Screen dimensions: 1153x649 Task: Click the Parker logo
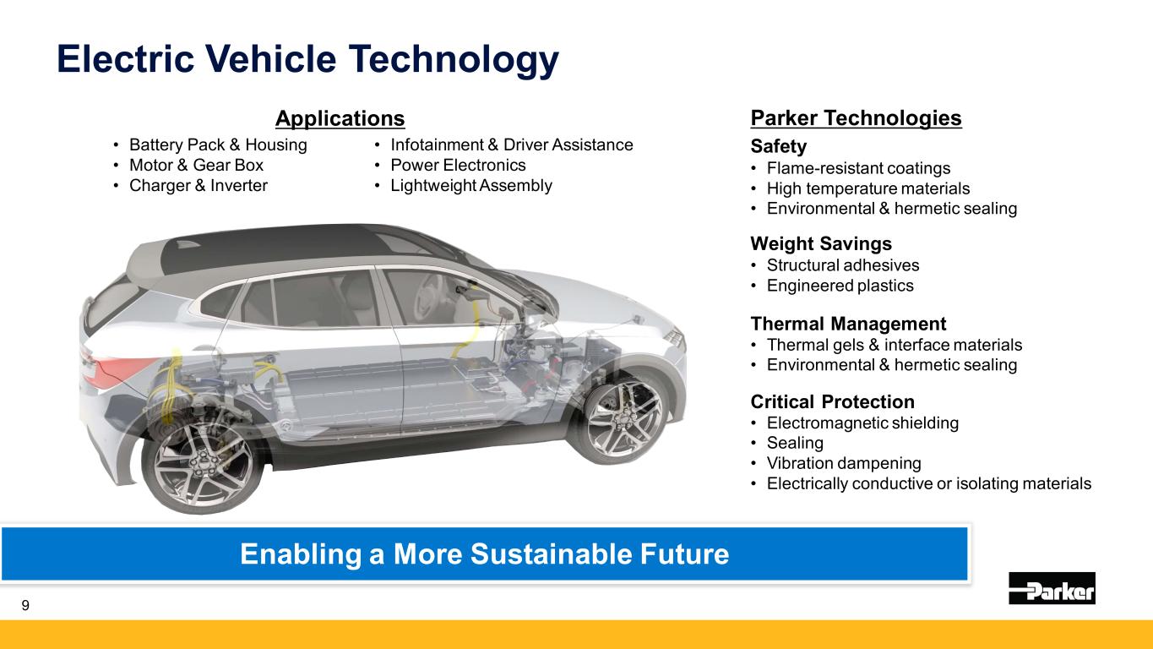coord(1052,587)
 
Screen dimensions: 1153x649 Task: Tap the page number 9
coord(25,605)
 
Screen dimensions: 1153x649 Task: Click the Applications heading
coord(340,118)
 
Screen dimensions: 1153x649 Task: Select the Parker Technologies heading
coord(856,118)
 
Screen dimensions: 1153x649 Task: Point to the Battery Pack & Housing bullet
coord(218,145)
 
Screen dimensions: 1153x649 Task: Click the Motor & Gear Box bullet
coord(196,165)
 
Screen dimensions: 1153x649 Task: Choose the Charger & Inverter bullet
coord(199,185)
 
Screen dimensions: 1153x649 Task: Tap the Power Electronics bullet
coord(458,165)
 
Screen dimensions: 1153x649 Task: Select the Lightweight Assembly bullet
coord(471,185)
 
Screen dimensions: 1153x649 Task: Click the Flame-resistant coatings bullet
coord(858,168)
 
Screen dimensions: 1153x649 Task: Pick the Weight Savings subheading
coord(821,243)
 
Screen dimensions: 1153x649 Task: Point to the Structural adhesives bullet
coord(843,265)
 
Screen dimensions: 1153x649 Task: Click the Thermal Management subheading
coord(848,324)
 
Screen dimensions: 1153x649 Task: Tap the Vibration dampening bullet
coord(844,463)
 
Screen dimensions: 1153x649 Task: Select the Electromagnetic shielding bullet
coord(862,423)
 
